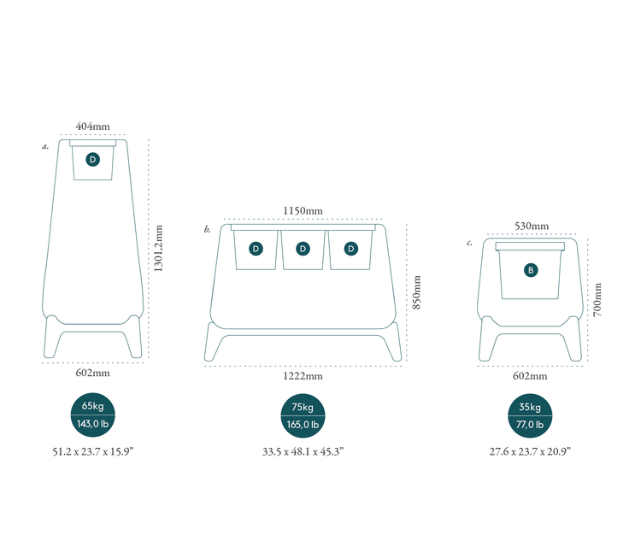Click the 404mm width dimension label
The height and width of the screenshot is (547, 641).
[92, 126]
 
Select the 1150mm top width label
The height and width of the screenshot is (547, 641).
[303, 211]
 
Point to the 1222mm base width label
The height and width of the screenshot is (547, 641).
[303, 376]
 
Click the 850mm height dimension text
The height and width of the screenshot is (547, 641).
[416, 293]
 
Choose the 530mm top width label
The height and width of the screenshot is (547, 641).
[531, 226]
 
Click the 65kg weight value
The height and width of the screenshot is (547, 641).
[92, 407]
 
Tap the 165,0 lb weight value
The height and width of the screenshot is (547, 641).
[303, 425]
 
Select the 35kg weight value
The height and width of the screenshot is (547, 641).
[531, 407]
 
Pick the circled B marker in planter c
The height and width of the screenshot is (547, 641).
[531, 270]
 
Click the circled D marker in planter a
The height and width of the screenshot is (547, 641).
[92, 159]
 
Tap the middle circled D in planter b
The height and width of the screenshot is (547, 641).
[303, 249]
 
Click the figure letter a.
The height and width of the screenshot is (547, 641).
[45, 146]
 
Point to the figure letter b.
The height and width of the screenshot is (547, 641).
[207, 229]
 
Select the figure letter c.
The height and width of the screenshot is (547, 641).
[469, 243]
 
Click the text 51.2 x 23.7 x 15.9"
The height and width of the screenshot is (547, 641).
[92, 450]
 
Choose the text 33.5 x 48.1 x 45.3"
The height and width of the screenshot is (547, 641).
[303, 450]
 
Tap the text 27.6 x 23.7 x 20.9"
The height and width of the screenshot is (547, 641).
[531, 450]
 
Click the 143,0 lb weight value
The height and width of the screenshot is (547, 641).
[92, 425]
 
